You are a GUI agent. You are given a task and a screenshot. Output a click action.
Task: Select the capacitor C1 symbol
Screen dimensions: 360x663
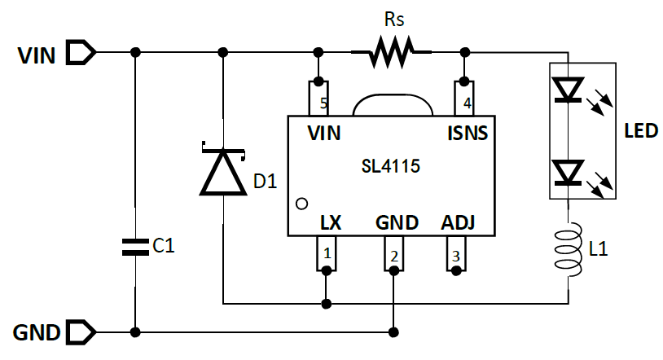point(135,247)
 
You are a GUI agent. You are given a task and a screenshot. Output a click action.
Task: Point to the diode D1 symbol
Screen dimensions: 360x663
point(222,170)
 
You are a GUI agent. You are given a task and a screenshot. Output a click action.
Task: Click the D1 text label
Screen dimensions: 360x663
point(266,181)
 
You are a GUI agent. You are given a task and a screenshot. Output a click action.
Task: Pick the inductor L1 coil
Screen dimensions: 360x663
point(569,250)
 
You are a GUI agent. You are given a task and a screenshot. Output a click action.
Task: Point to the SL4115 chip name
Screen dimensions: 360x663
point(390,167)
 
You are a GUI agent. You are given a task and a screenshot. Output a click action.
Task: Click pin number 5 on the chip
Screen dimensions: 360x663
point(323,104)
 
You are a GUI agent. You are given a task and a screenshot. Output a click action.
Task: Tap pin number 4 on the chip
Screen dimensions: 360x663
point(466,104)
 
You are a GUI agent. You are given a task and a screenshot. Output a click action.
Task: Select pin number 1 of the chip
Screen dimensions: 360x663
point(327,253)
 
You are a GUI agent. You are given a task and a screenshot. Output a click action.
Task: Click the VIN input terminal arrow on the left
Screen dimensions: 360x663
point(81,54)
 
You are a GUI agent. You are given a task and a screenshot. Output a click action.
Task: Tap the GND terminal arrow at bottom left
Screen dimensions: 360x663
point(81,332)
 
